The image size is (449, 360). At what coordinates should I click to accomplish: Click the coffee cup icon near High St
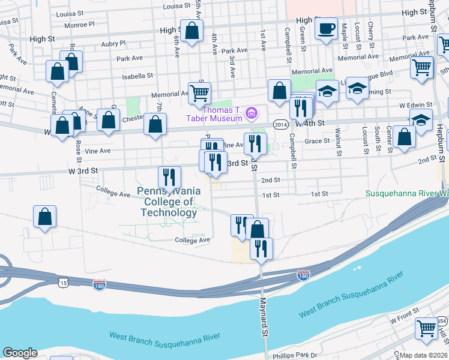327,29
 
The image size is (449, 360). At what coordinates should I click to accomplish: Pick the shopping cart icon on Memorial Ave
199,92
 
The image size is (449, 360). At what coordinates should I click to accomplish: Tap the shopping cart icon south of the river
426,328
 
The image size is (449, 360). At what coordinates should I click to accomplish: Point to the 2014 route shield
280,124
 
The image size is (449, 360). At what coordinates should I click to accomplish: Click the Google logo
20,353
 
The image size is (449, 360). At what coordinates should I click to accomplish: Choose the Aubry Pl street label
113,43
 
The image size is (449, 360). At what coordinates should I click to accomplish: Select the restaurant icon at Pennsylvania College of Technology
169,176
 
